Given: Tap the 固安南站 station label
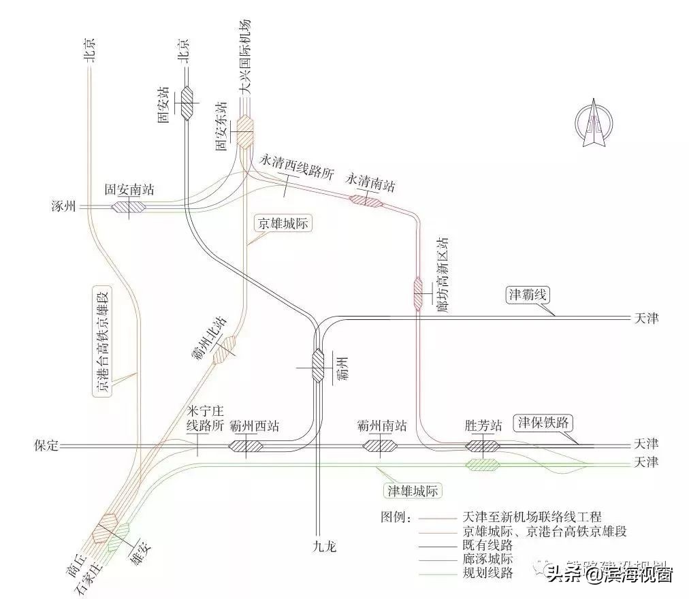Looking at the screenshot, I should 129,190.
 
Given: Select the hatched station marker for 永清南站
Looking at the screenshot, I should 366,199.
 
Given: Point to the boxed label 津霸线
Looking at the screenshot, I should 528,295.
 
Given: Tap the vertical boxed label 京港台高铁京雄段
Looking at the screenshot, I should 103,340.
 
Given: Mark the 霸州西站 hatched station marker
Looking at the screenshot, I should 246,447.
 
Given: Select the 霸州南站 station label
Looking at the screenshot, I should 381,426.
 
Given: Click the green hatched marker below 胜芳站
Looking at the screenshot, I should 483,464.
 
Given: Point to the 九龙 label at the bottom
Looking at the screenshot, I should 325,547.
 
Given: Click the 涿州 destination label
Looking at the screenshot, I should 64,206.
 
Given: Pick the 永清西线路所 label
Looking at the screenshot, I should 298,165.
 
